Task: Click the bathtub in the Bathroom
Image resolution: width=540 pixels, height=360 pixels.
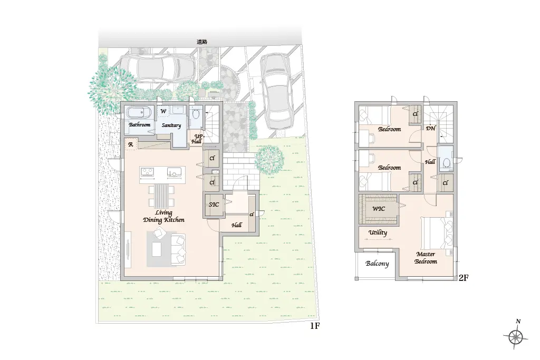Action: click(139, 113)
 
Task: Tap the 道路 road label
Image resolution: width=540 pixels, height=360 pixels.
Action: click(202, 42)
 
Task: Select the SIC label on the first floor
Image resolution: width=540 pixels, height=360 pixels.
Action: click(214, 205)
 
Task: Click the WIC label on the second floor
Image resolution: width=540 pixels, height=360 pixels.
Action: click(379, 209)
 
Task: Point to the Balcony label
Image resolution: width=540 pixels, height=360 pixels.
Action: click(377, 264)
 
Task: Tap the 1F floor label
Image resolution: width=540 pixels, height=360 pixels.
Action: click(315, 325)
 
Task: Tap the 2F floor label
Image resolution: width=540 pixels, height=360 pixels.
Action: click(464, 277)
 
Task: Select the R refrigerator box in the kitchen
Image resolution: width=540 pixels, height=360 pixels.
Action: click(131, 144)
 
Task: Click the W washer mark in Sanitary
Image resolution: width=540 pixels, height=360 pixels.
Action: click(163, 111)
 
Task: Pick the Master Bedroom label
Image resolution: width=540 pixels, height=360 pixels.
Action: click(426, 258)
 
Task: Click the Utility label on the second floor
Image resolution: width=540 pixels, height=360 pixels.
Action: click(378, 232)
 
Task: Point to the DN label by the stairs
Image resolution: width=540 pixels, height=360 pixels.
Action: click(430, 129)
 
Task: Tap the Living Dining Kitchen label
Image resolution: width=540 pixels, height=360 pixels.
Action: click(163, 217)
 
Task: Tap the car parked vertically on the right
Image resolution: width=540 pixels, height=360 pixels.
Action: click(277, 91)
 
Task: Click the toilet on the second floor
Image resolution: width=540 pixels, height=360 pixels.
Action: click(446, 162)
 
